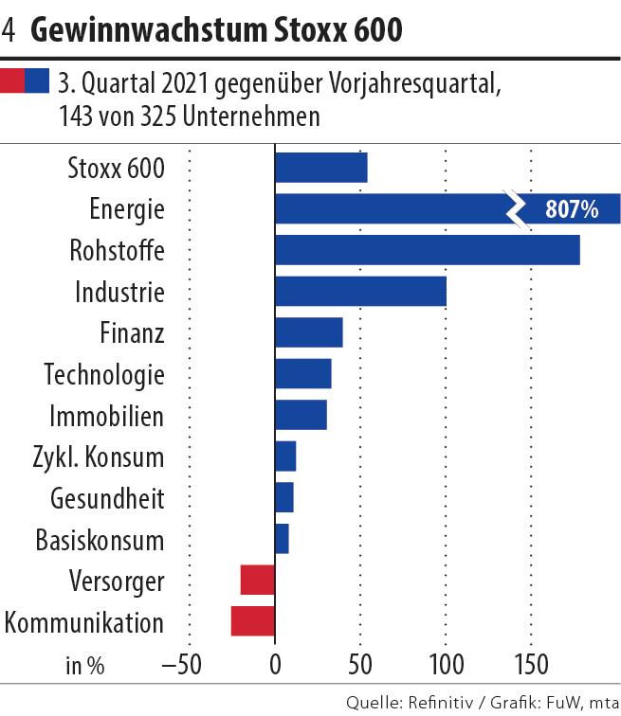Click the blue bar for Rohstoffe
(x=427, y=250)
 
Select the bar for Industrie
(x=360, y=292)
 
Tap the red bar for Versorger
(x=258, y=580)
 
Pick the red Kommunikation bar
(x=253, y=621)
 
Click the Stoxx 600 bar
(x=320, y=168)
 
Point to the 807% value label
(x=572, y=209)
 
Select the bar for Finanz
(x=308, y=333)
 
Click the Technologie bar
(x=303, y=374)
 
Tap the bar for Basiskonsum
(x=282, y=539)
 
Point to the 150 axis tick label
(x=530, y=664)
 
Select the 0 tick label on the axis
(x=275, y=664)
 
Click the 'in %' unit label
(x=84, y=665)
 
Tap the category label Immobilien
(x=106, y=416)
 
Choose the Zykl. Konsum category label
(x=99, y=457)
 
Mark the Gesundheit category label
(x=105, y=498)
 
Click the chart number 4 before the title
(x=9, y=30)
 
